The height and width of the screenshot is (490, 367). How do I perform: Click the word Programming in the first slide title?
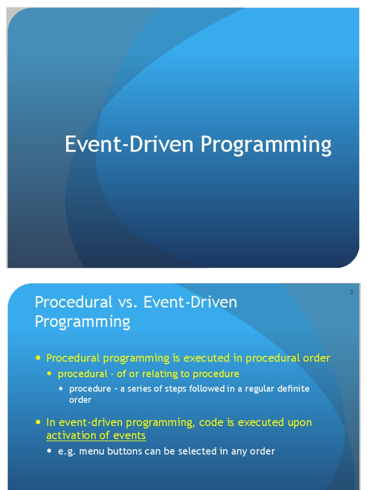pyautogui.click(x=266, y=145)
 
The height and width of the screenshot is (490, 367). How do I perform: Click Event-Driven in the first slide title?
pyautogui.click(x=130, y=145)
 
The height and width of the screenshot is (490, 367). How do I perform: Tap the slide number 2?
pyautogui.click(x=351, y=292)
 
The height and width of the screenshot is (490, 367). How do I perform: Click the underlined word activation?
pyautogui.click(x=68, y=436)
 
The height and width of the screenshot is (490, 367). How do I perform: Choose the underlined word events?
pyautogui.click(x=129, y=436)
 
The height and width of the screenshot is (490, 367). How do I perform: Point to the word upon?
pyautogui.click(x=298, y=423)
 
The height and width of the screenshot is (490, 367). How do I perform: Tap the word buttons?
pyautogui.click(x=121, y=451)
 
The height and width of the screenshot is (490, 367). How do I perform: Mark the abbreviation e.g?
pyautogui.click(x=65, y=451)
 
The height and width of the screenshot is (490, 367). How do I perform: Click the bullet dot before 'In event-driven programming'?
pyautogui.click(x=38, y=422)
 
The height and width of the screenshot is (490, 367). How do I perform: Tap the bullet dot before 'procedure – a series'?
pyautogui.click(x=61, y=388)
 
